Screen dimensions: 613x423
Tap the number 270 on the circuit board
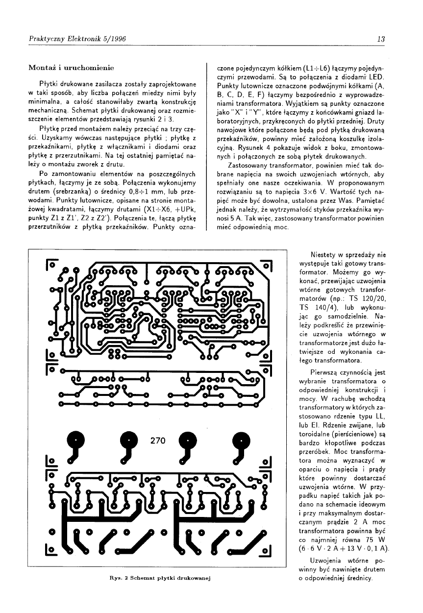pos(158,441)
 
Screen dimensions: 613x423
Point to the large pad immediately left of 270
pos(130,439)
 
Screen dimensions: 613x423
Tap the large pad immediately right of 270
pos(186,439)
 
